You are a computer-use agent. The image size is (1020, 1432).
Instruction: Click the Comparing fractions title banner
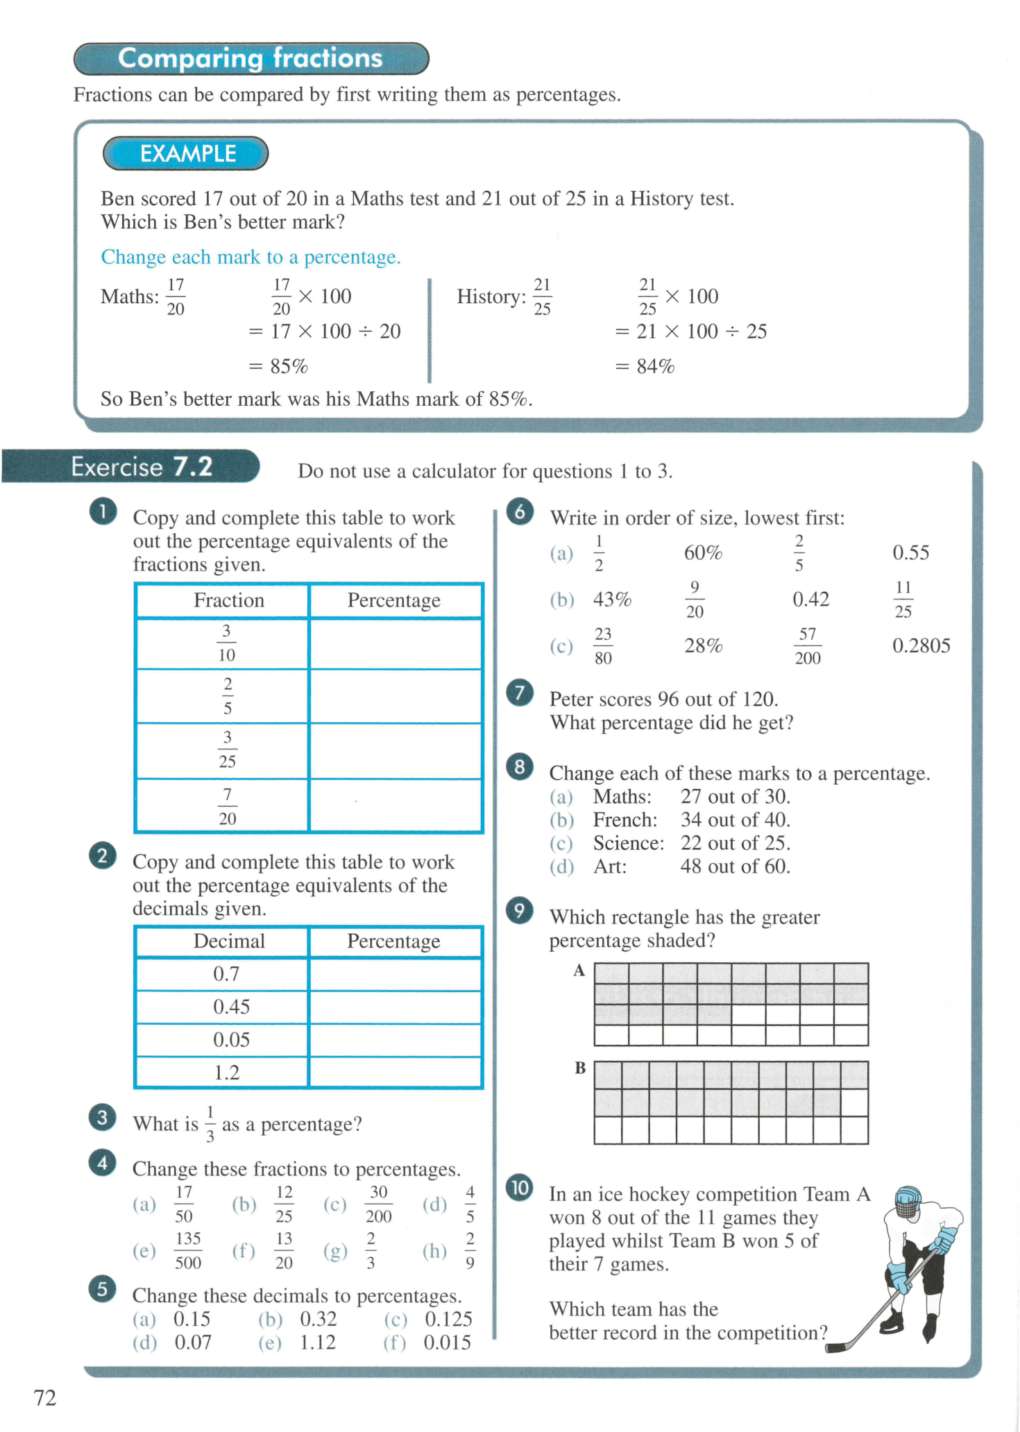(x=251, y=59)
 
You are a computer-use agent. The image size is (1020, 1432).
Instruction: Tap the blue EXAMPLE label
(x=186, y=153)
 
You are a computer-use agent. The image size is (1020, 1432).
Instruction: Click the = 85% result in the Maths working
(x=279, y=366)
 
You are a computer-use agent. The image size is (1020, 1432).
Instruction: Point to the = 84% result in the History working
(x=645, y=366)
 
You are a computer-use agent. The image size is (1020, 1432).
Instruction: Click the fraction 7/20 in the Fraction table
(x=227, y=806)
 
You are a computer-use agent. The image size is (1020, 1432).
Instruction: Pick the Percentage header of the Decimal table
(x=393, y=941)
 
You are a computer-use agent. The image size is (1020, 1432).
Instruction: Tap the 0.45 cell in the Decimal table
(x=230, y=1007)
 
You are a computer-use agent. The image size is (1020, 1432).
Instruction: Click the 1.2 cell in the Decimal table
(x=226, y=1073)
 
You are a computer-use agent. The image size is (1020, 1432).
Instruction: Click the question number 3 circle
(x=103, y=1118)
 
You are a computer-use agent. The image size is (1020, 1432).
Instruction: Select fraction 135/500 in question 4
(x=188, y=1250)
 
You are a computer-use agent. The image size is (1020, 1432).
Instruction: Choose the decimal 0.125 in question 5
(x=448, y=1319)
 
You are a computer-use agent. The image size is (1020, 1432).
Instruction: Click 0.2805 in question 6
(x=921, y=646)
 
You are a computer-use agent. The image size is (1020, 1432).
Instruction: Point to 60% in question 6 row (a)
(x=703, y=553)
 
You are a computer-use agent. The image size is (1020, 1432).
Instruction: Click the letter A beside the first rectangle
(x=579, y=971)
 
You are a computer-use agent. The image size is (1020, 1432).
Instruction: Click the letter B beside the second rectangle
(x=580, y=1068)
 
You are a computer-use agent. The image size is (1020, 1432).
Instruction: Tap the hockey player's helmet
(x=908, y=1202)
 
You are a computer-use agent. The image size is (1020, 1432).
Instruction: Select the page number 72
(x=45, y=1398)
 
